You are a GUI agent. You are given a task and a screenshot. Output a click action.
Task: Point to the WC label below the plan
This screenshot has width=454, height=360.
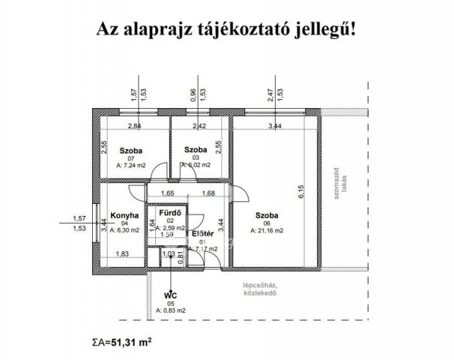[172, 294]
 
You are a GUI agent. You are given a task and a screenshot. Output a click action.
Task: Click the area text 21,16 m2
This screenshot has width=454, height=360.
[267, 231]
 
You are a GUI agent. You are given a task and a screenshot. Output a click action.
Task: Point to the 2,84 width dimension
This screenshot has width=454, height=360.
[136, 127]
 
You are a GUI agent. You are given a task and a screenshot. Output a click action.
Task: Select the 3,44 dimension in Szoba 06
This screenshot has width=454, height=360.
[276, 127]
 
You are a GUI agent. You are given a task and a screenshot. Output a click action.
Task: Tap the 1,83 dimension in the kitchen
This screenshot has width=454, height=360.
[123, 253]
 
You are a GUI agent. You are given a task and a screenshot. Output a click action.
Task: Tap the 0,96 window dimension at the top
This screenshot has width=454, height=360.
[194, 94]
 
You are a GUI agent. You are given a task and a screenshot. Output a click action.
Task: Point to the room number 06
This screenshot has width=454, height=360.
[267, 223]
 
